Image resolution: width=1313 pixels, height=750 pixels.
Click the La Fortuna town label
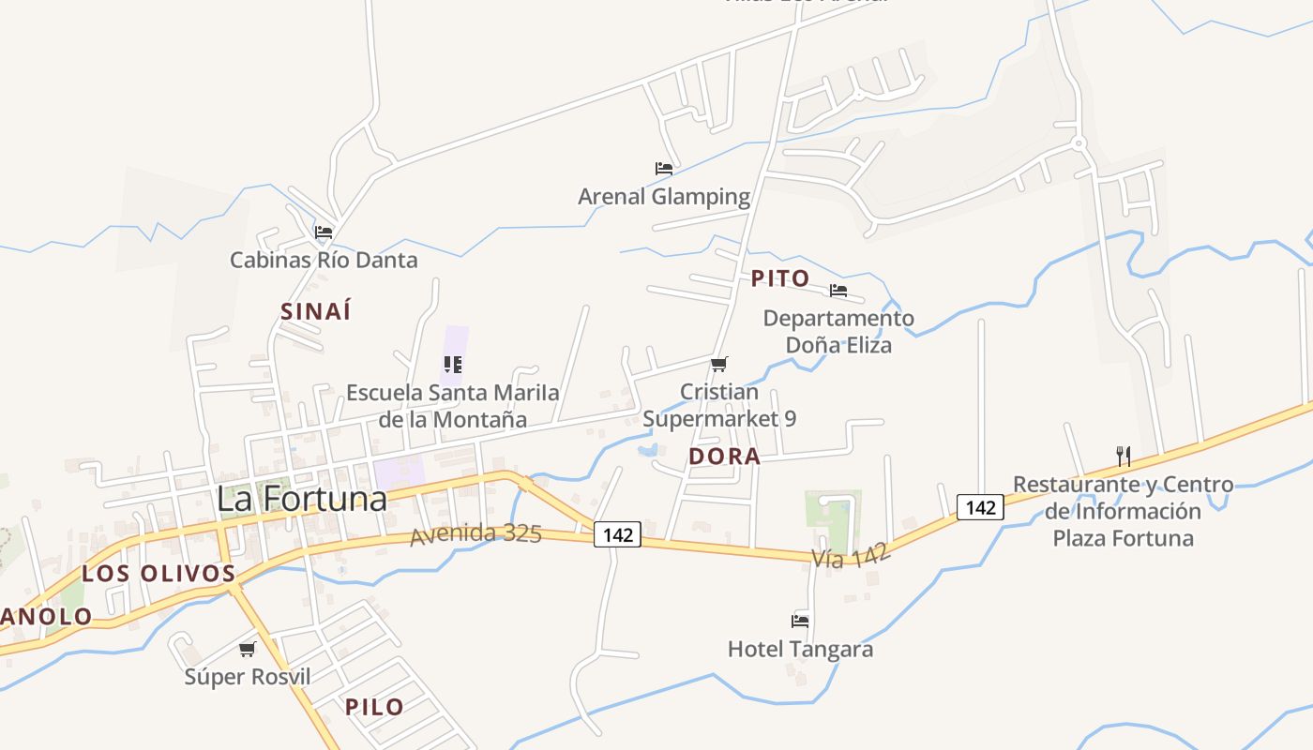point(301,498)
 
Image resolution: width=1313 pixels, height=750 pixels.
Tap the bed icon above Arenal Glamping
point(664,169)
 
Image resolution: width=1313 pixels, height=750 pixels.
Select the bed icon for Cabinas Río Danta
point(324,232)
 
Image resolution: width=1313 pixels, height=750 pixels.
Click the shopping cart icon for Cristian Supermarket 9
point(719,364)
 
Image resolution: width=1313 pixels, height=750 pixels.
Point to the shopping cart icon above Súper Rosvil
point(248,649)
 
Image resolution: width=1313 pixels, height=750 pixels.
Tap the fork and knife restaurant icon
point(1124,457)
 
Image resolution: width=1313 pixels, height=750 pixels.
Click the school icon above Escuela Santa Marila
point(453,364)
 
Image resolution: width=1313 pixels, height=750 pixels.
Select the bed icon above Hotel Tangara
point(800,620)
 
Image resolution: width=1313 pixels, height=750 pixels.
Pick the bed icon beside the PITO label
point(838,290)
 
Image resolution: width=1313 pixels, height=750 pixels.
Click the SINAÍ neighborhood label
point(316,311)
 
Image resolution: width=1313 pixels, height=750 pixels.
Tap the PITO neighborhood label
point(780,278)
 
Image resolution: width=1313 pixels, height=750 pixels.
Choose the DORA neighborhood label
point(724,457)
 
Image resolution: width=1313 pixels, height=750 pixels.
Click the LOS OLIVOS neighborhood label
point(158,573)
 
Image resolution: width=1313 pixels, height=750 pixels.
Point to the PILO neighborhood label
point(374,707)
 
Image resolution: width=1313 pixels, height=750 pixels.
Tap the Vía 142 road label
point(851,558)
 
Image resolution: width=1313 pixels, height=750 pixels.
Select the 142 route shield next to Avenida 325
point(617,534)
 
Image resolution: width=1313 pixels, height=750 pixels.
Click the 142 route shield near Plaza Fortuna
point(980,507)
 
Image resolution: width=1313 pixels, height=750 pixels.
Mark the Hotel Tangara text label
point(800,649)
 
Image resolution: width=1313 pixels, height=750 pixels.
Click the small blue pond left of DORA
point(646,450)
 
